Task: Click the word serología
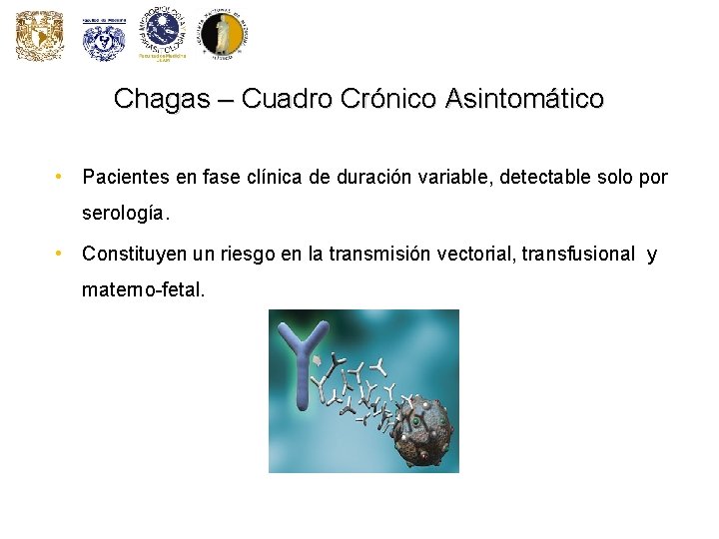[126, 214]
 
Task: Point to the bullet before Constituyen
[61, 255]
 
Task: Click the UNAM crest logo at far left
[39, 37]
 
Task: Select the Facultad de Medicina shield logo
[103, 39]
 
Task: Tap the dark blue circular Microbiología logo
[163, 34]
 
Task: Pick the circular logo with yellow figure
[222, 35]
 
